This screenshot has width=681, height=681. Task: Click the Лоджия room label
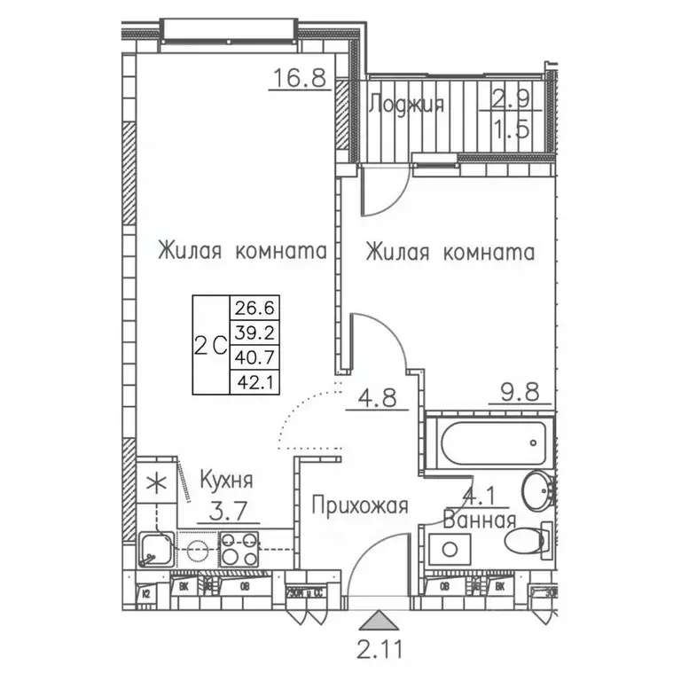point(405,105)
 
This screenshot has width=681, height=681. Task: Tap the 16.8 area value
point(300,80)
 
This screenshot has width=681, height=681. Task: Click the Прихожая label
point(359,506)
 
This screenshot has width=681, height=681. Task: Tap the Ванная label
point(480,521)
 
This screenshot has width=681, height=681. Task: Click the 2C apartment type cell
point(209,346)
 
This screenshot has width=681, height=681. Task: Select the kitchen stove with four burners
point(239,549)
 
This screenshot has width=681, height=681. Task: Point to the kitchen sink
point(156,549)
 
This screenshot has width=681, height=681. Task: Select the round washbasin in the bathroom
point(536,489)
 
